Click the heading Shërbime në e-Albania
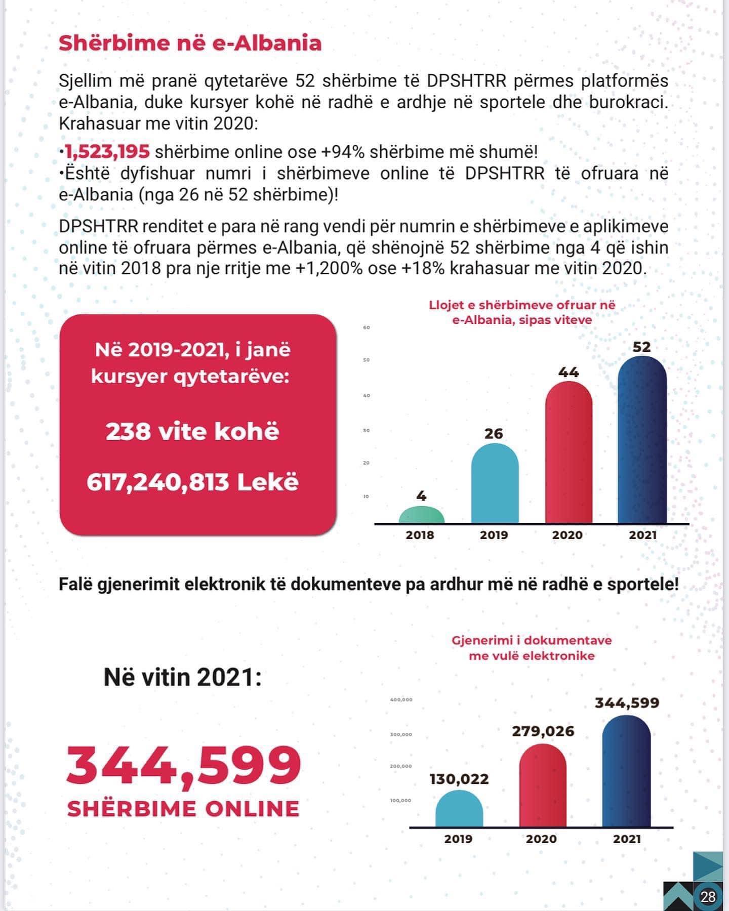[190, 43]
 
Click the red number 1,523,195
[107, 151]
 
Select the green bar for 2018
[421, 515]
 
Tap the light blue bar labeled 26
[495, 483]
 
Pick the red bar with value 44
[569, 453]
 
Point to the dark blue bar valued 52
[642, 440]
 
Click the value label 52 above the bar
[641, 347]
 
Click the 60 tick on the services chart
[367, 327]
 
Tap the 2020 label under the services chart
[568, 535]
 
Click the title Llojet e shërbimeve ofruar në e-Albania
[522, 312]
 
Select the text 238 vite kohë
[192, 432]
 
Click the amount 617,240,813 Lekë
[192, 482]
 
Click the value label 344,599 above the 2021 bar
[627, 703]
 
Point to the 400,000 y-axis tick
[401, 700]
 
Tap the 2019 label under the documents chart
[458, 839]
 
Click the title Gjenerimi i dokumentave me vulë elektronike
[532, 648]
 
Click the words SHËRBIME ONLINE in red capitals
[183, 809]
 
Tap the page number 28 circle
[708, 897]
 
